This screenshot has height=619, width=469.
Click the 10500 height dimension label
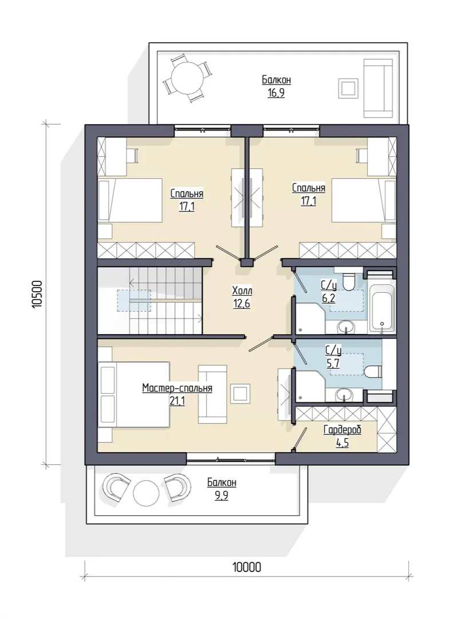(37, 294)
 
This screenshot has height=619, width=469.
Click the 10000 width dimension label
(247, 567)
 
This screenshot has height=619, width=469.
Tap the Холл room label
(242, 291)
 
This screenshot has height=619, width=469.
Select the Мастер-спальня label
(177, 388)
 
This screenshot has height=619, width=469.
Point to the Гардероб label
(342, 430)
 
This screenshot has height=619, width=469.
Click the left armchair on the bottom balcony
(116, 488)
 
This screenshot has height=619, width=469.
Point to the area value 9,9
(221, 495)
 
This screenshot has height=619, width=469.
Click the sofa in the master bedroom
(212, 393)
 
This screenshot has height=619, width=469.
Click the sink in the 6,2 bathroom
(346, 327)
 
